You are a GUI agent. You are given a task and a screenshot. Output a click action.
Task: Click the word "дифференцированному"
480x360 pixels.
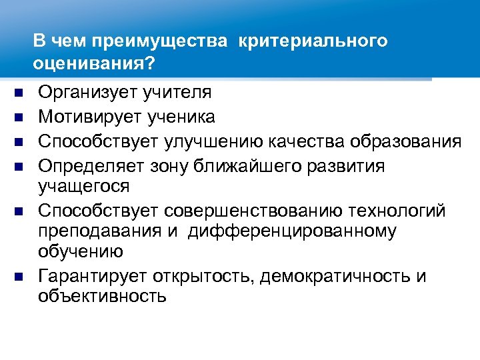click(292, 231)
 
